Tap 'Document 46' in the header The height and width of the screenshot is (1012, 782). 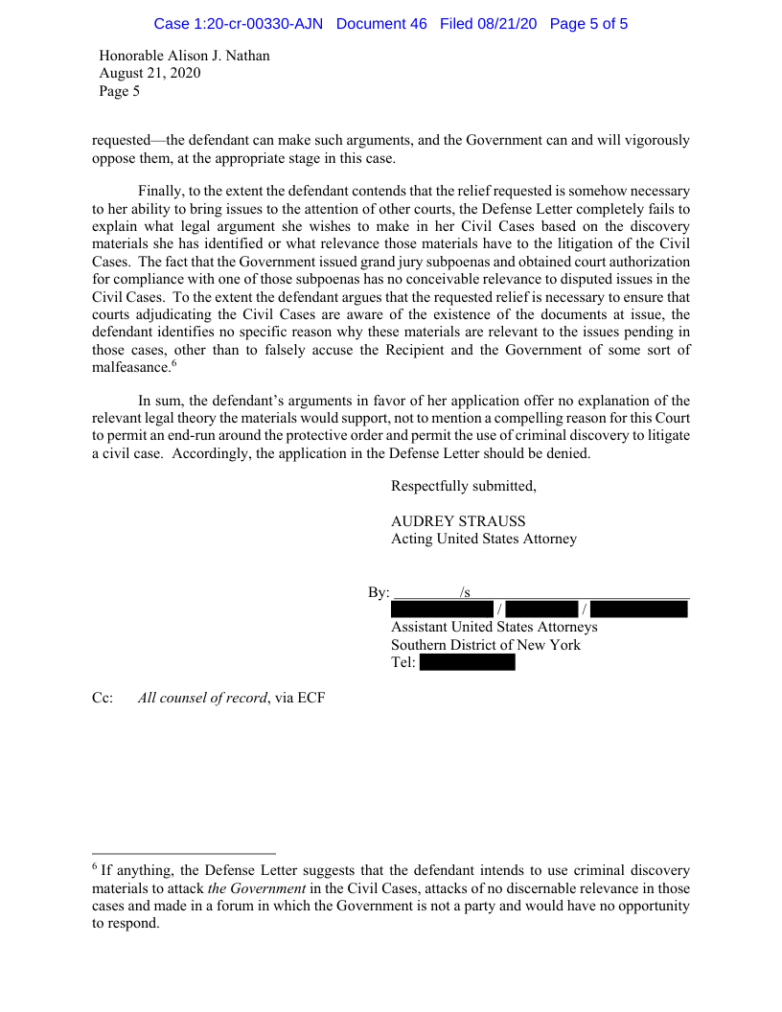coord(381,24)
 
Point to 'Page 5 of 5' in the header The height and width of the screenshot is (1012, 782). coord(588,24)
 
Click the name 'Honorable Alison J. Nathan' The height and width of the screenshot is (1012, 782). coord(185,56)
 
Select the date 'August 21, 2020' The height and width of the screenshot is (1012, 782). coord(150,74)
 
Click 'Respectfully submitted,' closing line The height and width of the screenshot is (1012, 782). coord(464,486)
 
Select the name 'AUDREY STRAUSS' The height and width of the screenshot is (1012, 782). coord(458,521)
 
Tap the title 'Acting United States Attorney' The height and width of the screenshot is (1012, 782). coord(484,539)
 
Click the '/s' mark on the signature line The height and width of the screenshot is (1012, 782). coord(465,592)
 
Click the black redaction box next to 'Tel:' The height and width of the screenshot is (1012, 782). coord(467,662)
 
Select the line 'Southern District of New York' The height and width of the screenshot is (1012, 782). coord(486,645)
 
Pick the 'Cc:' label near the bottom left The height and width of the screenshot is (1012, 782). coord(103,698)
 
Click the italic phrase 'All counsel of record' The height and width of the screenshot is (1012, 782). coord(202,698)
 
